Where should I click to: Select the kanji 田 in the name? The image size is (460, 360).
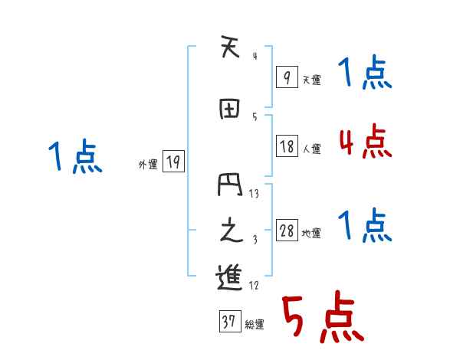[228, 110]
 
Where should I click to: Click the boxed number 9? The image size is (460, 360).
[287, 77]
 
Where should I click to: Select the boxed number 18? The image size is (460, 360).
[287, 147]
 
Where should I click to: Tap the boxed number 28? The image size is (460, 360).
[287, 231]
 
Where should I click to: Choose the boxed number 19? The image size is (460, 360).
[173, 162]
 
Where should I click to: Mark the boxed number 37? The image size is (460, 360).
[228, 322]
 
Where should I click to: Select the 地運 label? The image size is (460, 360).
[311, 234]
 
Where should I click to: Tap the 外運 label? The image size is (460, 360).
[147, 164]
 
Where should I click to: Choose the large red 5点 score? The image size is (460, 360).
[322, 318]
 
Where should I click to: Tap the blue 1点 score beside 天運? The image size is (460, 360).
[365, 75]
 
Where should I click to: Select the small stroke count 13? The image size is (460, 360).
[255, 193]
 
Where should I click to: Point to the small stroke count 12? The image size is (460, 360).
[255, 286]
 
